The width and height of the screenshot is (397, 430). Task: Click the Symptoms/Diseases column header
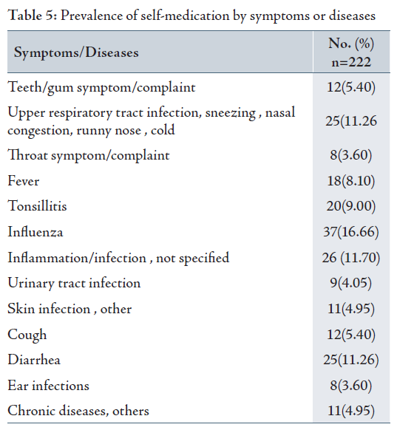point(76,52)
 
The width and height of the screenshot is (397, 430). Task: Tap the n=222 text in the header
point(351,62)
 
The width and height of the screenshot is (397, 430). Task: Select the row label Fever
point(24,181)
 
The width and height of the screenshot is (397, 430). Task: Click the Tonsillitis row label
point(37,206)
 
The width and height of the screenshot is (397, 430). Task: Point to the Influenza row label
point(35,232)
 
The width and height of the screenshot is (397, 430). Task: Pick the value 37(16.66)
point(351,232)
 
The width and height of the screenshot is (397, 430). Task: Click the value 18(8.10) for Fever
point(351,181)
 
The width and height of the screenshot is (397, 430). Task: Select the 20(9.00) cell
point(351,206)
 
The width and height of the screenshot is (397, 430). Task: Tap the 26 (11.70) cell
point(351,258)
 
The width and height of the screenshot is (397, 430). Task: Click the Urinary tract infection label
point(74,283)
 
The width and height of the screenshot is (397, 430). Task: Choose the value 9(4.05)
point(351,283)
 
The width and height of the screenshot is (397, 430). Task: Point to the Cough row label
point(27,335)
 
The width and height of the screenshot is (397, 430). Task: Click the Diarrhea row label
point(34,360)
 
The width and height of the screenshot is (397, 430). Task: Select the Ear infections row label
point(48,385)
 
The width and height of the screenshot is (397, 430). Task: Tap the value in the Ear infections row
point(351,386)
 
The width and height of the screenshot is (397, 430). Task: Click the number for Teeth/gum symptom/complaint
point(351,87)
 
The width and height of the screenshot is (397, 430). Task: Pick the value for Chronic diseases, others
point(351,411)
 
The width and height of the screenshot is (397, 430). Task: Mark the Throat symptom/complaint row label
point(88,156)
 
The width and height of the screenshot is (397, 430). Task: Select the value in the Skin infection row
point(351,309)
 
